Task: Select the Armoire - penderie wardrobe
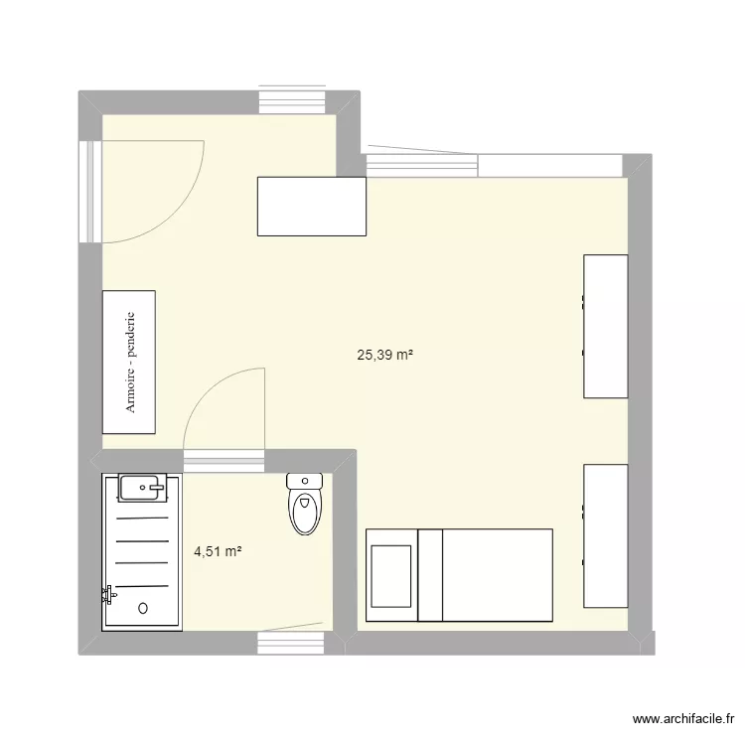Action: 129,362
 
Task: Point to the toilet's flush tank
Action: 305,482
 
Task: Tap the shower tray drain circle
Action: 144,607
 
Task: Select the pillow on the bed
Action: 391,575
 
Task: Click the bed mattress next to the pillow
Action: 486,575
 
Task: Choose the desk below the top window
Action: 312,207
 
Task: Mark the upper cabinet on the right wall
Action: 605,326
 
